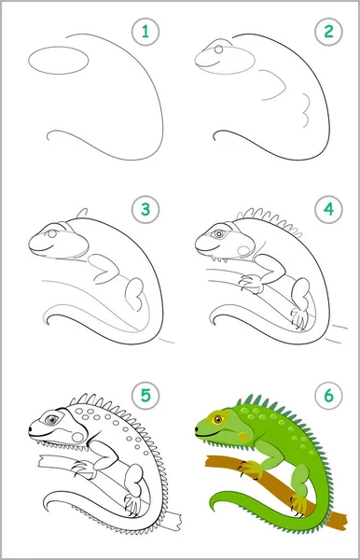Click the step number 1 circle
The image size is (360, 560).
click(145, 32)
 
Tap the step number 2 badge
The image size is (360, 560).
click(328, 32)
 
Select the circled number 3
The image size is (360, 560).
click(145, 210)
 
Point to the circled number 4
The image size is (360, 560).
click(328, 210)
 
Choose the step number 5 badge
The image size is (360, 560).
click(145, 396)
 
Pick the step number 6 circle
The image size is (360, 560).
click(328, 396)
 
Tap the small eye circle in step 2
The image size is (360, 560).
click(219, 49)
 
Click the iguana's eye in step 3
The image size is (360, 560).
click(52, 234)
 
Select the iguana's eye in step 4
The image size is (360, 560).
click(218, 234)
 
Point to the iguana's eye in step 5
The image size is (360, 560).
click(52, 419)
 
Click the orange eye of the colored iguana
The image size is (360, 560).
click(218, 419)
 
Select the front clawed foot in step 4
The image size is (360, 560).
click(251, 283)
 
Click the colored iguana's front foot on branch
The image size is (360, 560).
click(252, 469)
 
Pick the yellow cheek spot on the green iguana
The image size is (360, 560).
click(244, 437)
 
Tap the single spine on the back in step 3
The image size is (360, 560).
click(82, 213)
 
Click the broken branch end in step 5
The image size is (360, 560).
click(174, 522)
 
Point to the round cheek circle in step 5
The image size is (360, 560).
click(77, 437)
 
